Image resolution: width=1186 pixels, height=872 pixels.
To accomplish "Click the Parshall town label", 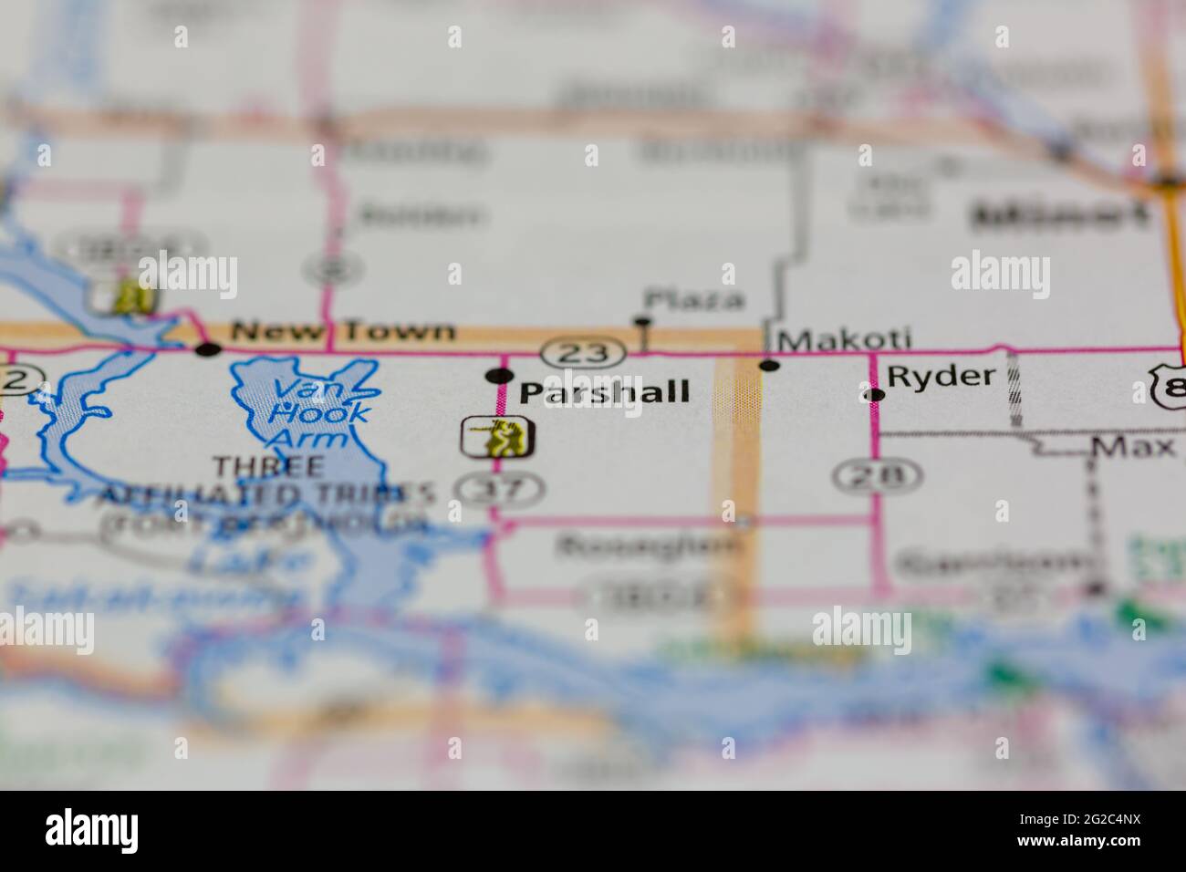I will click(604, 393).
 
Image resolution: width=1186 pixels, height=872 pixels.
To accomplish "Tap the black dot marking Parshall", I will click(499, 375).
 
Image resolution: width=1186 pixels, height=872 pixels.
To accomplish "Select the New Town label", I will click(342, 330).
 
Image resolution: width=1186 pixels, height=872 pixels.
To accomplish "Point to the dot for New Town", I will click(209, 348).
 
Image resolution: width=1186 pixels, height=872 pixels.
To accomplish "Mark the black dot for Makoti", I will click(770, 366).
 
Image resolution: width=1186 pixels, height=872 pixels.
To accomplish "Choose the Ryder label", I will click(941, 377).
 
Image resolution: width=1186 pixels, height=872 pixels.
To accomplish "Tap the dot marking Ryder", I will click(875, 395).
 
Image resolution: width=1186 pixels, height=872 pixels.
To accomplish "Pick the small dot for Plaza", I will click(642, 321).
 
